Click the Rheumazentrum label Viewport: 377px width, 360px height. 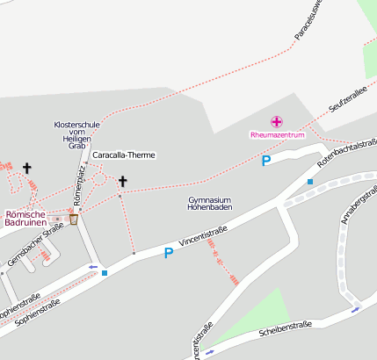(x=277, y=135)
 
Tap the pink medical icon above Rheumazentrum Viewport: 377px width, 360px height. (x=277, y=121)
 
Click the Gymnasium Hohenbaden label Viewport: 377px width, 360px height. (x=209, y=205)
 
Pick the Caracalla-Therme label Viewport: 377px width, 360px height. (x=123, y=155)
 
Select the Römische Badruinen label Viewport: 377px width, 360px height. (x=32, y=218)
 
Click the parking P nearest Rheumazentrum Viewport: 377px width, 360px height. (x=265, y=161)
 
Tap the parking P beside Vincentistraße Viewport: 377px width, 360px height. (x=168, y=253)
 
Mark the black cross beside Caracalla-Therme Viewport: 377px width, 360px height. (x=122, y=183)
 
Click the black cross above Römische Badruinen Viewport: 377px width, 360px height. (x=27, y=168)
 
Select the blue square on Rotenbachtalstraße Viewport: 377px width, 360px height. (x=309, y=182)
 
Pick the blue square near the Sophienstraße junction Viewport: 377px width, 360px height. (x=105, y=273)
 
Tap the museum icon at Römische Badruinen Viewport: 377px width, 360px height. (x=73, y=220)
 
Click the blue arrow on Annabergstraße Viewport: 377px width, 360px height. (x=356, y=308)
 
